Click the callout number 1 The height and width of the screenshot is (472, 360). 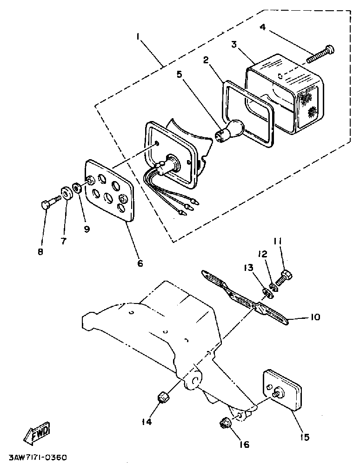[138, 36]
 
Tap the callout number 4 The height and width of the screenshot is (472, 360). [262, 27]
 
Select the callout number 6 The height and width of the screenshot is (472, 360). [140, 263]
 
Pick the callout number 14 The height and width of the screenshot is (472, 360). [146, 422]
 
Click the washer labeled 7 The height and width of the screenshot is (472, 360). [66, 193]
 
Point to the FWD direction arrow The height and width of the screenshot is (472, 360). [37, 433]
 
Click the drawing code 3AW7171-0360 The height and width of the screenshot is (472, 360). [37, 458]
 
